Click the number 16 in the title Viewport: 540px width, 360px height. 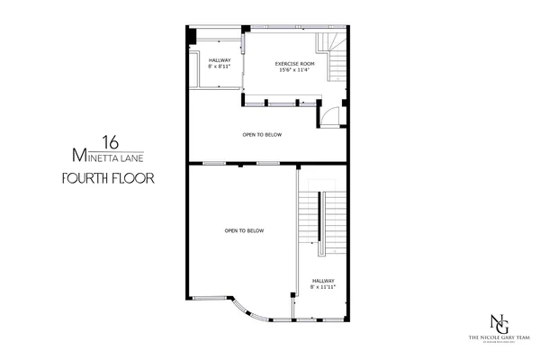pos(110,141)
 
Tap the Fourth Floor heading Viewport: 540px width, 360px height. pos(108,177)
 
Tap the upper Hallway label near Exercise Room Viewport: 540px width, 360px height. pos(220,60)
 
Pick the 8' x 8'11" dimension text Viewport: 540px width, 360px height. pos(220,67)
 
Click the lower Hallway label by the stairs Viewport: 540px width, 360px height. pos(322,280)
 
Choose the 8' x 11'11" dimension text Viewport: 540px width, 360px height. pos(322,288)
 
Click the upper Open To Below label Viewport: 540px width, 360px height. pos(262,134)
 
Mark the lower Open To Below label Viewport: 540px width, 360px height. pos(244,231)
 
